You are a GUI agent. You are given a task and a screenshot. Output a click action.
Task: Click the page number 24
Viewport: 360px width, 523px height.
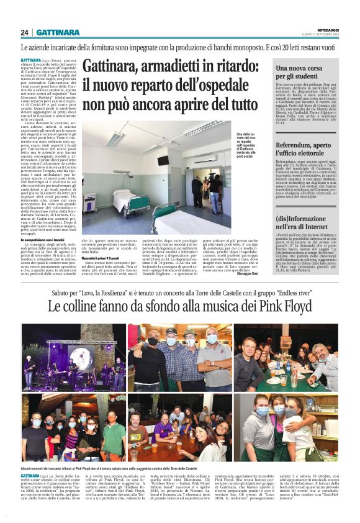click(x=25, y=32)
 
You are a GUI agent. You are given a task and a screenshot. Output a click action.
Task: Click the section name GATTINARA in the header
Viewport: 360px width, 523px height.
click(x=57, y=32)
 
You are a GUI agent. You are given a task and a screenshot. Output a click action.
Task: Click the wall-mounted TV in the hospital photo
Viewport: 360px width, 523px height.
click(x=164, y=161)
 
